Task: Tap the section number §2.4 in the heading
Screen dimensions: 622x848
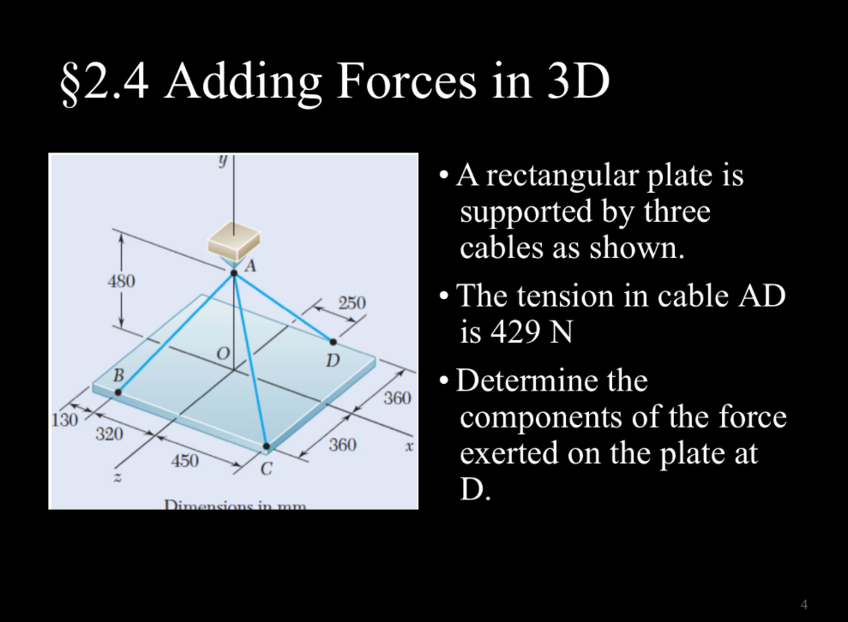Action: pyautogui.click(x=102, y=82)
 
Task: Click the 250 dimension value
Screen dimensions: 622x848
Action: pyautogui.click(x=352, y=302)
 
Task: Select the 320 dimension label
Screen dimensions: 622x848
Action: pyautogui.click(x=108, y=434)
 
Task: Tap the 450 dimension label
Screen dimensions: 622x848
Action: pyautogui.click(x=184, y=461)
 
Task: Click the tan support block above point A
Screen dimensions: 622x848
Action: pyautogui.click(x=235, y=238)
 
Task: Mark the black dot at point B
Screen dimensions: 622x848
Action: pyautogui.click(x=117, y=392)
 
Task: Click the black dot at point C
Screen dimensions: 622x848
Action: pyautogui.click(x=267, y=446)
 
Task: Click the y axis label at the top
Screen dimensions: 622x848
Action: pyautogui.click(x=222, y=162)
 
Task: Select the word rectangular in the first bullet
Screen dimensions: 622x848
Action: pyautogui.click(x=568, y=176)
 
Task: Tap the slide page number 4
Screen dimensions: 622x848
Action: pyautogui.click(x=803, y=603)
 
